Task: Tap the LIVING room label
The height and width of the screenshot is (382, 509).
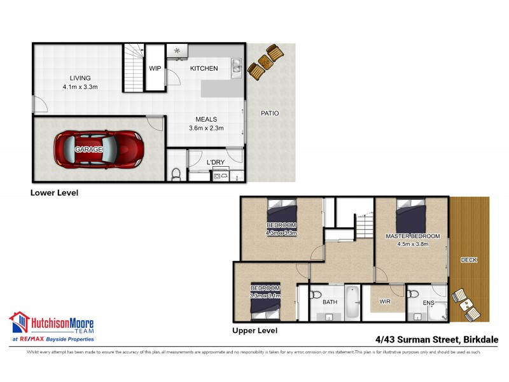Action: pyautogui.click(x=80, y=78)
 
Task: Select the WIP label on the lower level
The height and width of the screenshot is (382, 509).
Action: pyautogui.click(x=155, y=68)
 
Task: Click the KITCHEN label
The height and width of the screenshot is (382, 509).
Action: pyautogui.click(x=204, y=68)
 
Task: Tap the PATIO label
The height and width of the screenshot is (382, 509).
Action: pyautogui.click(x=270, y=113)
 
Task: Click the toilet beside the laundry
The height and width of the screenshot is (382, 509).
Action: pyautogui.click(x=176, y=173)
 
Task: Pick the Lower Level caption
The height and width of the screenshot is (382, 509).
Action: pyautogui.click(x=54, y=192)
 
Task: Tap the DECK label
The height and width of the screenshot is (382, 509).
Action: pyautogui.click(x=469, y=260)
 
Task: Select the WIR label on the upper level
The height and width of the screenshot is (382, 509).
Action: pyautogui.click(x=385, y=301)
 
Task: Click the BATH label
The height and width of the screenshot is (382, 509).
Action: pyautogui.click(x=330, y=302)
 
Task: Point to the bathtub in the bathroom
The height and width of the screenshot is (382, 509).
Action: pyautogui.click(x=352, y=301)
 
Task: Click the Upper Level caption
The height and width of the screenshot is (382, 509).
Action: pyautogui.click(x=254, y=331)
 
